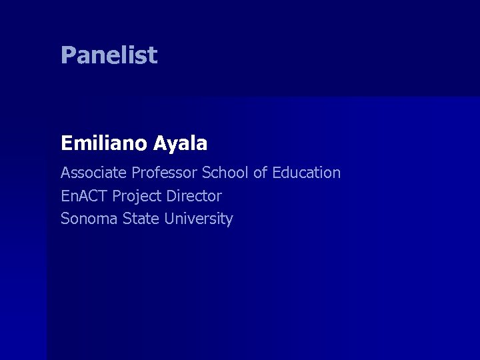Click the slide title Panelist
pos(109,55)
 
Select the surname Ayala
pos(181,143)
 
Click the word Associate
pos(94,173)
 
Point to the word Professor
pos(165,173)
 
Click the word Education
pos(306,173)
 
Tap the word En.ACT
pos(85,196)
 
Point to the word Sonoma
pos(89,219)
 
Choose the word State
pos(139,219)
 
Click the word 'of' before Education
pos(260,173)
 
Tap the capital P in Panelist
pos(67,55)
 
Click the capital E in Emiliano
pos(66,143)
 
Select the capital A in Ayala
pos(161,143)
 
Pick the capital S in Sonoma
pos(65,219)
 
